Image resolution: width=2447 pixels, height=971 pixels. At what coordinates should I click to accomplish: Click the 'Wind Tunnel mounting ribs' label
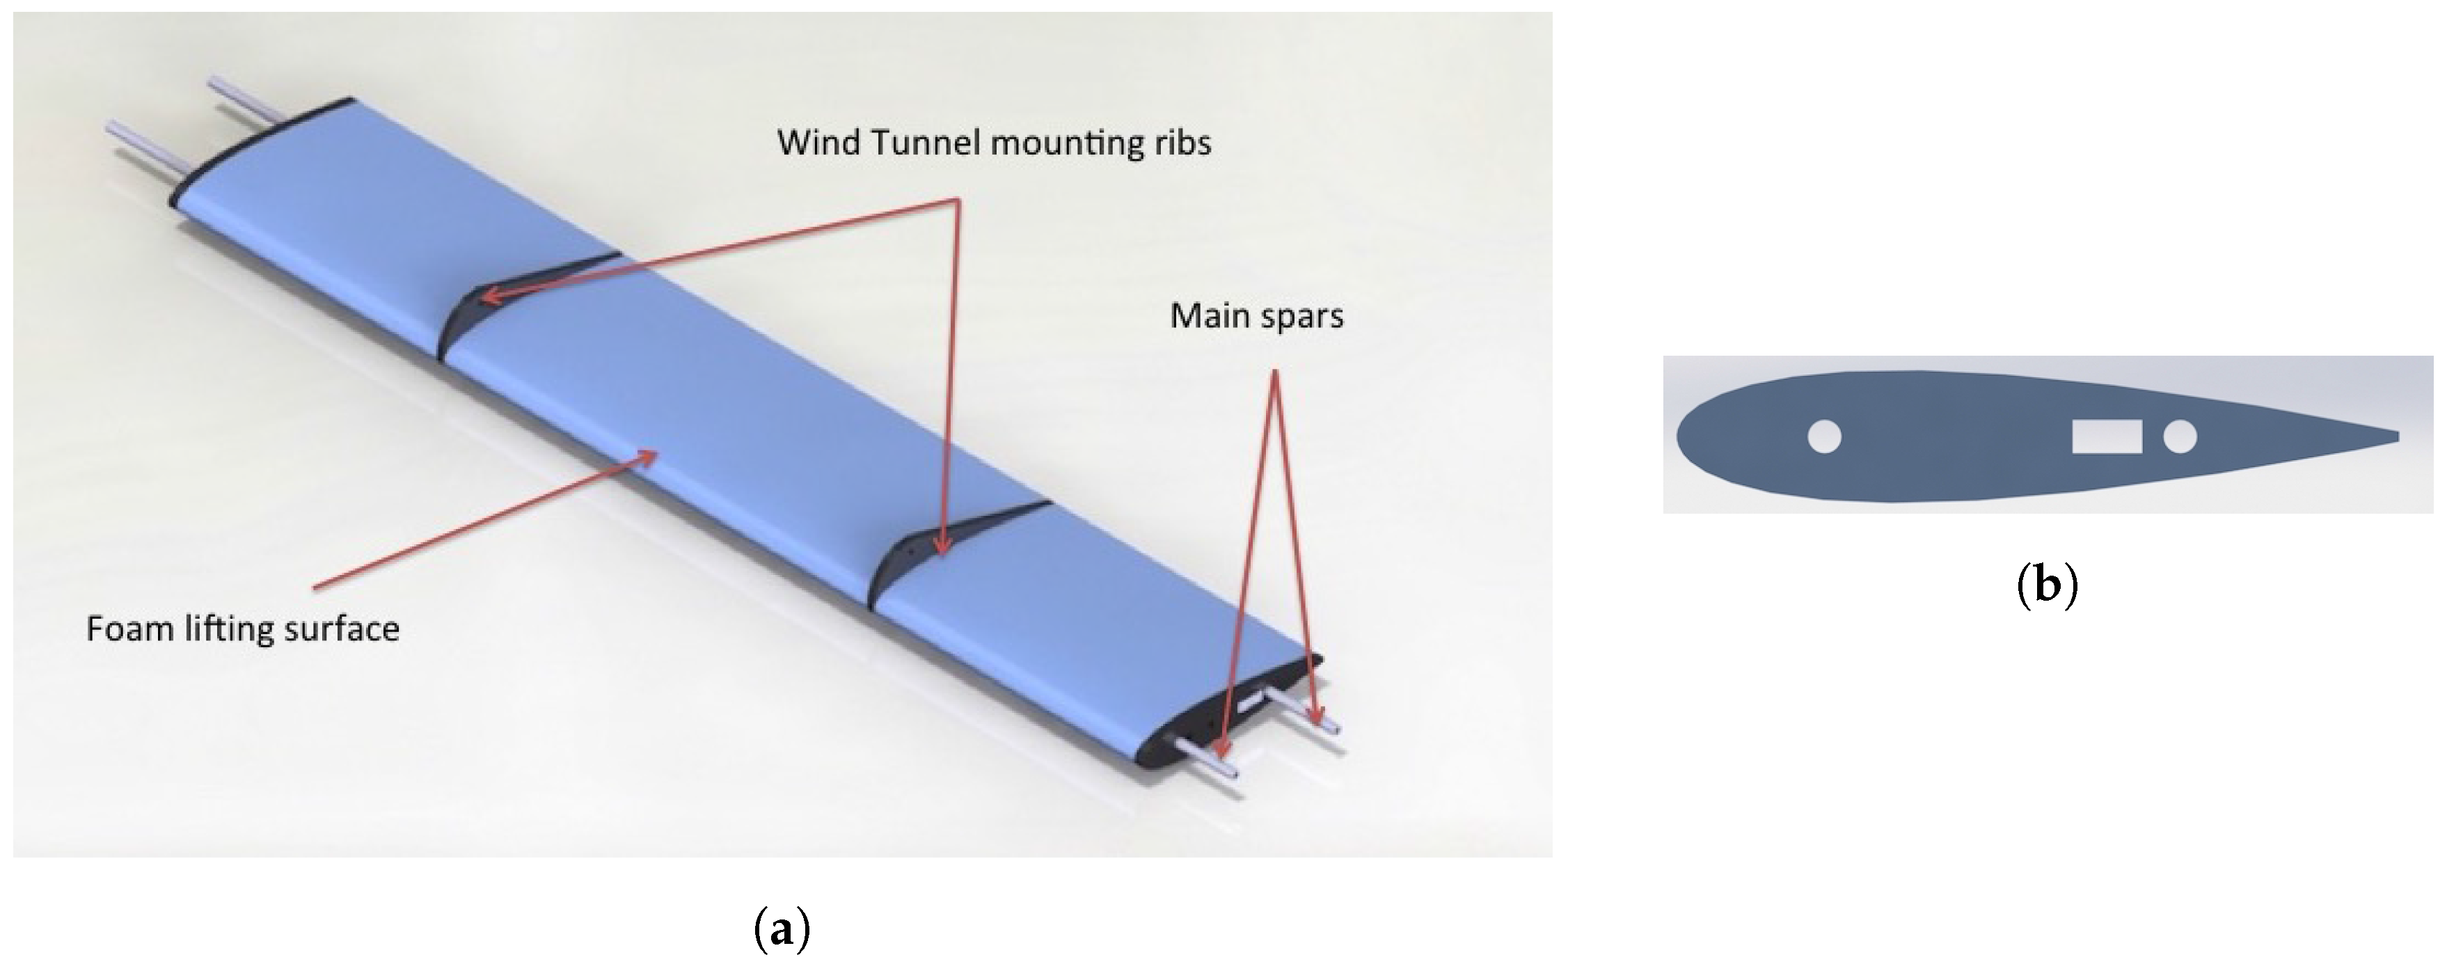994,143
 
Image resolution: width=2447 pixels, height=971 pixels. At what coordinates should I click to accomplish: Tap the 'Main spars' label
1256,315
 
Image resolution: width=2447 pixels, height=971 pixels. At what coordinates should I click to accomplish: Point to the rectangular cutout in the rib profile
2106,436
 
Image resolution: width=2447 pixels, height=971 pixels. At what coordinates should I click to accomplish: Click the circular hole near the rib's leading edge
1824,437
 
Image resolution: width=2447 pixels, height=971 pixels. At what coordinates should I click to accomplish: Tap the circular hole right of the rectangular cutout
2179,437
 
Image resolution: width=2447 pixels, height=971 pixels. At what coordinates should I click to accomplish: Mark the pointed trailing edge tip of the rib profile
2395,437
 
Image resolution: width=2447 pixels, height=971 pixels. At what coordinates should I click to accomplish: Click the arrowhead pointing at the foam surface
650,455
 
